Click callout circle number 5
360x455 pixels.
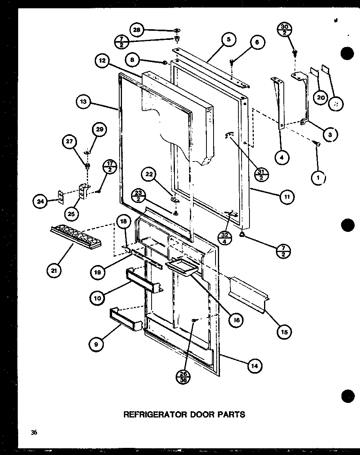point(229,39)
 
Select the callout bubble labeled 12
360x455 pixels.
point(102,62)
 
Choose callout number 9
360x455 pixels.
point(96,344)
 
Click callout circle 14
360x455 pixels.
point(255,366)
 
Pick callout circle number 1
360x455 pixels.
point(318,179)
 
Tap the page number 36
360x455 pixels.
point(34,432)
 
